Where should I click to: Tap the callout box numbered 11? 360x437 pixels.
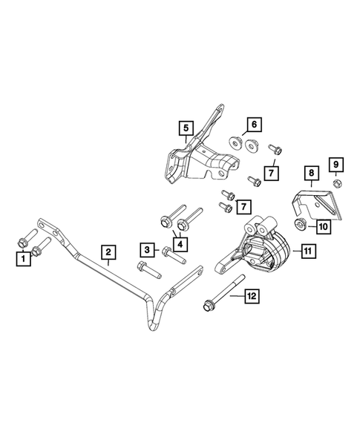point(307,252)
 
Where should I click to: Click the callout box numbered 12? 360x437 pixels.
point(253,296)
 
